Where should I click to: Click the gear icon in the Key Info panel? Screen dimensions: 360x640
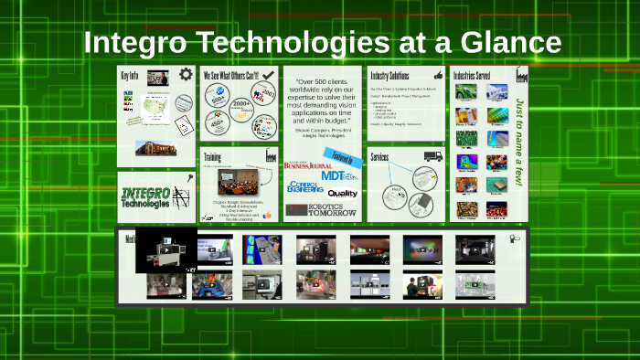coord(186,75)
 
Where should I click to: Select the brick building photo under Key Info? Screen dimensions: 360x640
coord(155,147)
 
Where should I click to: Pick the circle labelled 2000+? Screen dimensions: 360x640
coord(242,104)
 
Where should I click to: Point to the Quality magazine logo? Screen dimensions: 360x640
coord(343,194)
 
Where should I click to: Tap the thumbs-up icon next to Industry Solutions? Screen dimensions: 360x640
coord(437,74)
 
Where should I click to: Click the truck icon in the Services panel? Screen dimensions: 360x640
coord(432,156)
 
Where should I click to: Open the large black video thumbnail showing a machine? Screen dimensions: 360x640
coord(166,249)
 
